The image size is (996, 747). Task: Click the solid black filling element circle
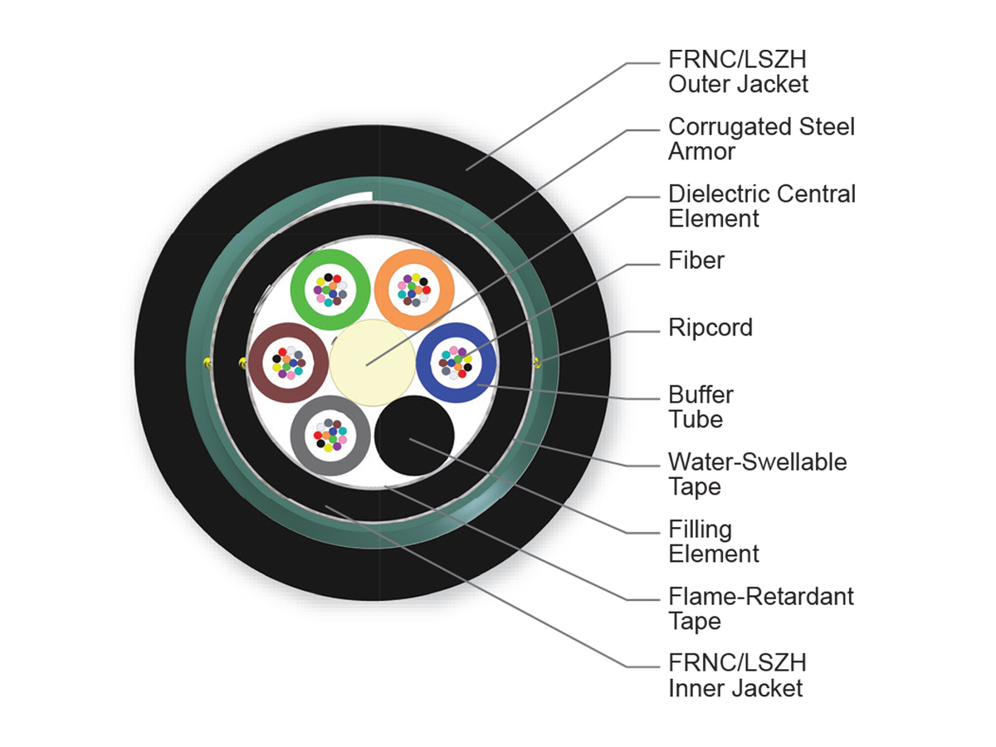(414, 436)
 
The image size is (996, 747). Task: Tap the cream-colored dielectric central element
(372, 363)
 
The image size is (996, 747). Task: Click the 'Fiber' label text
(696, 261)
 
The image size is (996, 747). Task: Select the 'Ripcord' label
(710, 328)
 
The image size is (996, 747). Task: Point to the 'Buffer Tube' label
(701, 407)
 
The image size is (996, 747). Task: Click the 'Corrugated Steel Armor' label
(761, 139)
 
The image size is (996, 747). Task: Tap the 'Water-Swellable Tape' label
(757, 475)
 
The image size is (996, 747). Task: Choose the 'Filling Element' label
(713, 541)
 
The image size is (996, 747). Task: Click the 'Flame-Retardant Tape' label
(761, 608)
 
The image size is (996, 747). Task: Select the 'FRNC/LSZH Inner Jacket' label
(737, 676)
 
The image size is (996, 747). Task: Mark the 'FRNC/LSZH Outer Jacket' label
(738, 71)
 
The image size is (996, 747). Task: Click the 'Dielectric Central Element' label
(762, 206)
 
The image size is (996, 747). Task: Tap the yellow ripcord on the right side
(537, 363)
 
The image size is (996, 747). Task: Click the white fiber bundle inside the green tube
(330, 290)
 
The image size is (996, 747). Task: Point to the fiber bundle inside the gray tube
(330, 436)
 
